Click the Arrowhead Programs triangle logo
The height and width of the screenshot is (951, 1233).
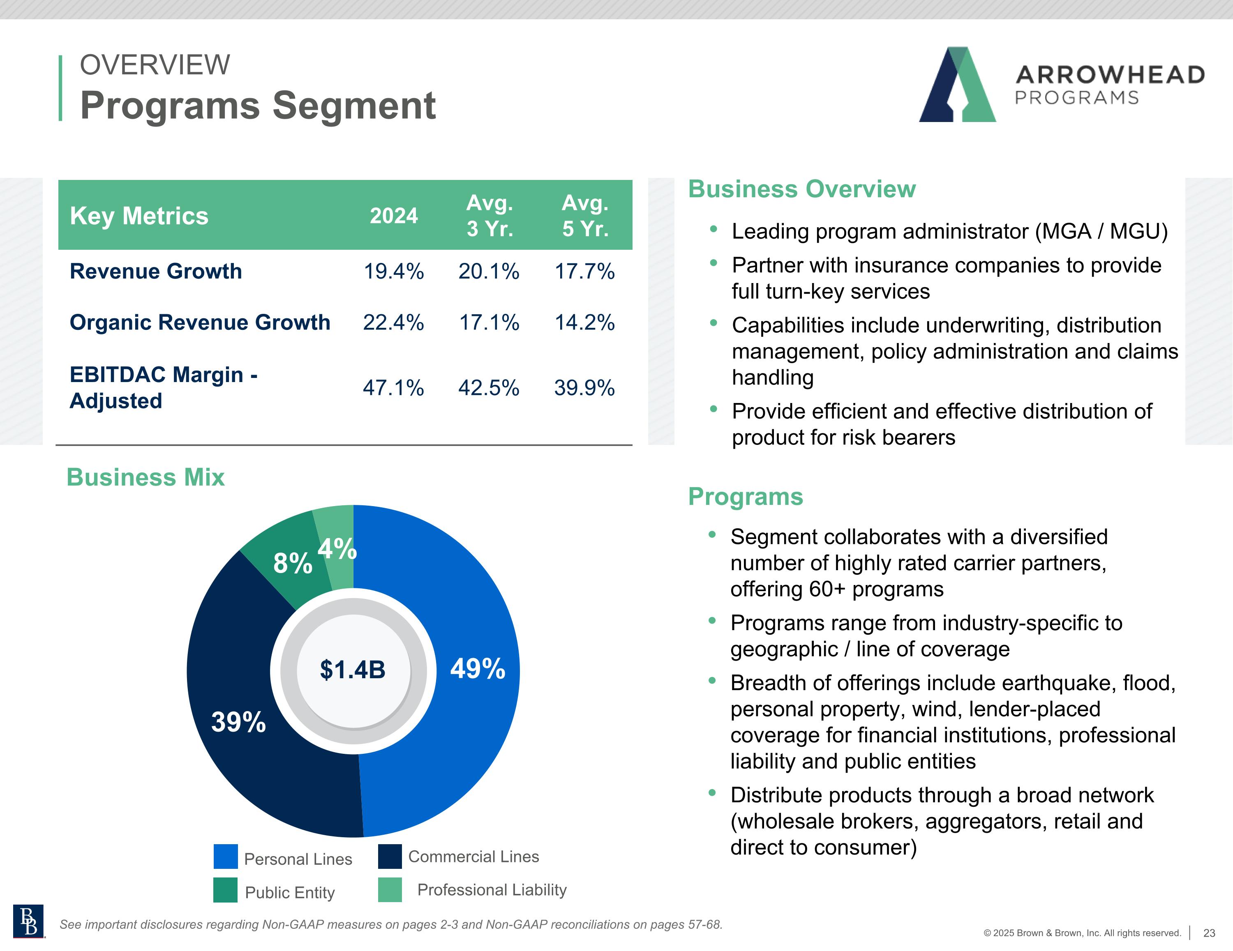click(958, 85)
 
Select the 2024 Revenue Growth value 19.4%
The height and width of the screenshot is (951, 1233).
click(393, 272)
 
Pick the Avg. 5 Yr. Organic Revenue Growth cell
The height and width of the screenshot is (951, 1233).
click(584, 322)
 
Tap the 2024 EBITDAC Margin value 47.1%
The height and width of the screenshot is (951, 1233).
click(393, 388)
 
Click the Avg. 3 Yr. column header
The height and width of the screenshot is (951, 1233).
click(490, 216)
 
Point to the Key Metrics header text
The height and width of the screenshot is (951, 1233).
click(139, 216)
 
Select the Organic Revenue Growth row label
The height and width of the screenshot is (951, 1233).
click(200, 322)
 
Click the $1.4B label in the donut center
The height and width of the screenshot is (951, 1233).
click(353, 670)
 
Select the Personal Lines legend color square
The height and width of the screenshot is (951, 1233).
click(226, 856)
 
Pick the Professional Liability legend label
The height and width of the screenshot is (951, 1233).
click(492, 890)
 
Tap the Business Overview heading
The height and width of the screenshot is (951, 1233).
click(802, 189)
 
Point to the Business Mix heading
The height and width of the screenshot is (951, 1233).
click(145, 477)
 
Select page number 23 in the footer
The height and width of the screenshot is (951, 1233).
click(1209, 933)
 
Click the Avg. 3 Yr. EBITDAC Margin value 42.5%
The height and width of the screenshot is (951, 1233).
click(489, 388)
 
